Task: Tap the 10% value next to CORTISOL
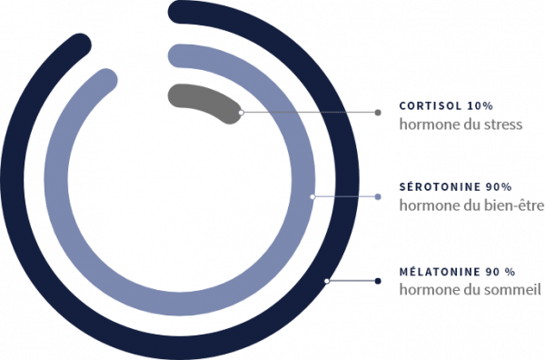[481, 105]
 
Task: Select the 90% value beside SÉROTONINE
[499, 187]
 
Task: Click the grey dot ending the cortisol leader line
[378, 113]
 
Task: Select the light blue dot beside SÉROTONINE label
[378, 197]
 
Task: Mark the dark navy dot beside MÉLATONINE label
[378, 281]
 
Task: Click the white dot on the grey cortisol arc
[242, 113]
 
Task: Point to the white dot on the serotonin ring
[312, 197]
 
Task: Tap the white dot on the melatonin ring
[327, 281]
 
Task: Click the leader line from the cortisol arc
[310, 113]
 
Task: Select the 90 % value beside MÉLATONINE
[500, 272]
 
